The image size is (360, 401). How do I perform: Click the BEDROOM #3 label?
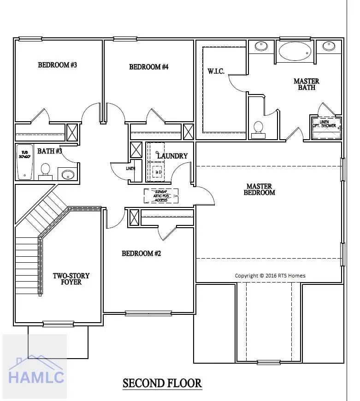pyautogui.click(x=57, y=65)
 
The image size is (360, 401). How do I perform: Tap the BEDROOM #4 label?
pyautogui.click(x=148, y=67)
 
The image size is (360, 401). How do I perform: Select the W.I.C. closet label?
pyautogui.click(x=216, y=71)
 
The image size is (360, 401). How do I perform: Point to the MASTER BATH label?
pyautogui.click(x=307, y=84)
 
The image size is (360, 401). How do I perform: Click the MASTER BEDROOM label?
pyautogui.click(x=259, y=189)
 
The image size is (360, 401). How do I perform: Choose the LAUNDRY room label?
pyautogui.click(x=172, y=156)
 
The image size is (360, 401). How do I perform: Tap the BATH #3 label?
pyautogui.click(x=50, y=151)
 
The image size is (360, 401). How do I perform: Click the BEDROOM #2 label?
pyautogui.click(x=141, y=254)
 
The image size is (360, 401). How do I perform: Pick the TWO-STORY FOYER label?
pyautogui.click(x=71, y=279)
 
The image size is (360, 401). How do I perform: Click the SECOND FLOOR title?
pyautogui.click(x=162, y=383)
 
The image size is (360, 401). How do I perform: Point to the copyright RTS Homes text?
pyautogui.click(x=270, y=276)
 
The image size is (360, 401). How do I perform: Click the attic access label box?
pyautogui.click(x=161, y=195)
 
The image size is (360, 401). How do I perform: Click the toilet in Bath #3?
pyautogui.click(x=45, y=170)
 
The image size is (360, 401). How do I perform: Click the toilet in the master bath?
pyautogui.click(x=259, y=128)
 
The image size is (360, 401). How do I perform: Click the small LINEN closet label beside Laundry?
pyautogui.click(x=130, y=168)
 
